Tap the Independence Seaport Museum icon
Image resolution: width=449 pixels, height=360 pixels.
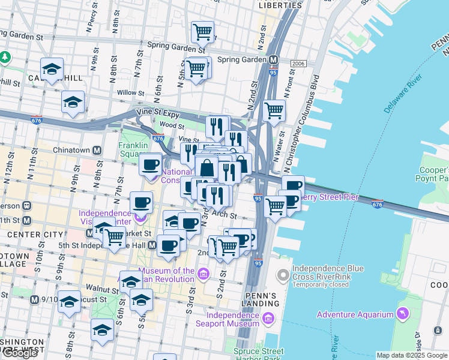click(268, 318)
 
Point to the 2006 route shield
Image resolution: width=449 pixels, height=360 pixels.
click(298, 64)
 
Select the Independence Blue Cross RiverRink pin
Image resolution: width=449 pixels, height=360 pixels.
click(283, 275)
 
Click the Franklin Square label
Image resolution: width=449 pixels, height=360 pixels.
click(133, 150)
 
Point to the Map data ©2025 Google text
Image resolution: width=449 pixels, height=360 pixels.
click(412, 355)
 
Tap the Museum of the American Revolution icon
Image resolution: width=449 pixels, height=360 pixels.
click(203, 275)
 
